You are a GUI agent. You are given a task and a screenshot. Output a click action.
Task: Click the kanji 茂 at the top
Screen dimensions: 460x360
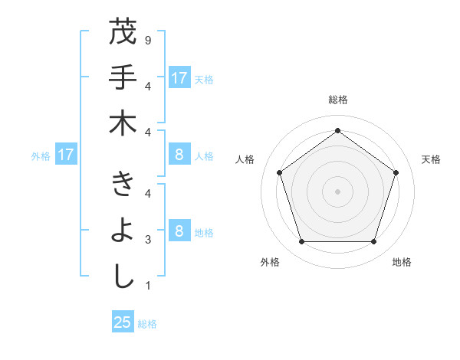coord(123,33)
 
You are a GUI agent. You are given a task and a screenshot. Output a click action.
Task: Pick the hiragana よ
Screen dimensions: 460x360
coord(123,231)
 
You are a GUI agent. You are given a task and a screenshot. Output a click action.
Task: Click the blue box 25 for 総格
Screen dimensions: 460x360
coord(123,322)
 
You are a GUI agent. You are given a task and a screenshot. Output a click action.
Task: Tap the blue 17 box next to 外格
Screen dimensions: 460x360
coord(65,155)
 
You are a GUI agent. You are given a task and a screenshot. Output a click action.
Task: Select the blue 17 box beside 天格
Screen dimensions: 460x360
coord(179,77)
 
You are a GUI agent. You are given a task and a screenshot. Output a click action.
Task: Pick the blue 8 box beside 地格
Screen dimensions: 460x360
coord(179,231)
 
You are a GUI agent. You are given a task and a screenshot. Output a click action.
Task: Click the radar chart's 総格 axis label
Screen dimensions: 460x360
coord(337,100)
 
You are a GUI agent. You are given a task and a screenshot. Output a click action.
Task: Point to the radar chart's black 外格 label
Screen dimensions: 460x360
coord(270,262)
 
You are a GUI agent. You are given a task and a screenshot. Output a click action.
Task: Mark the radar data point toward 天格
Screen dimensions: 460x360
coord(396,172)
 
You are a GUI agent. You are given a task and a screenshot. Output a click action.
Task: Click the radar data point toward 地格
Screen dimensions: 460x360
coord(373,242)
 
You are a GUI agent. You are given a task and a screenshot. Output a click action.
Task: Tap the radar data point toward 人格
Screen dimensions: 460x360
coord(279,172)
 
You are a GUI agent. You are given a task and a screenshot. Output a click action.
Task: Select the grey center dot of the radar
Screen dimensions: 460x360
coord(337,191)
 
